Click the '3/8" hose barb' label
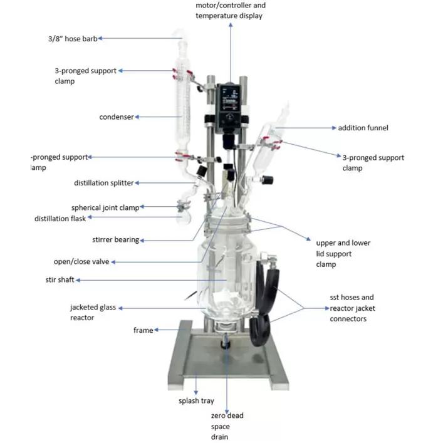[x=71, y=38]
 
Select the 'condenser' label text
[x=117, y=117]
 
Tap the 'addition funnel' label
[x=363, y=128]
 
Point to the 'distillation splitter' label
[x=104, y=183]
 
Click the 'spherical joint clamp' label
[x=105, y=207]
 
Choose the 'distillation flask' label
[x=60, y=219]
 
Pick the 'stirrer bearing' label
[x=116, y=239]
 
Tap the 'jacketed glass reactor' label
[x=93, y=312]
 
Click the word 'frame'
[x=143, y=330]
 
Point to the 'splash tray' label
[x=199, y=401]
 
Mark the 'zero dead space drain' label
[x=227, y=425]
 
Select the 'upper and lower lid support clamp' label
[x=343, y=253]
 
